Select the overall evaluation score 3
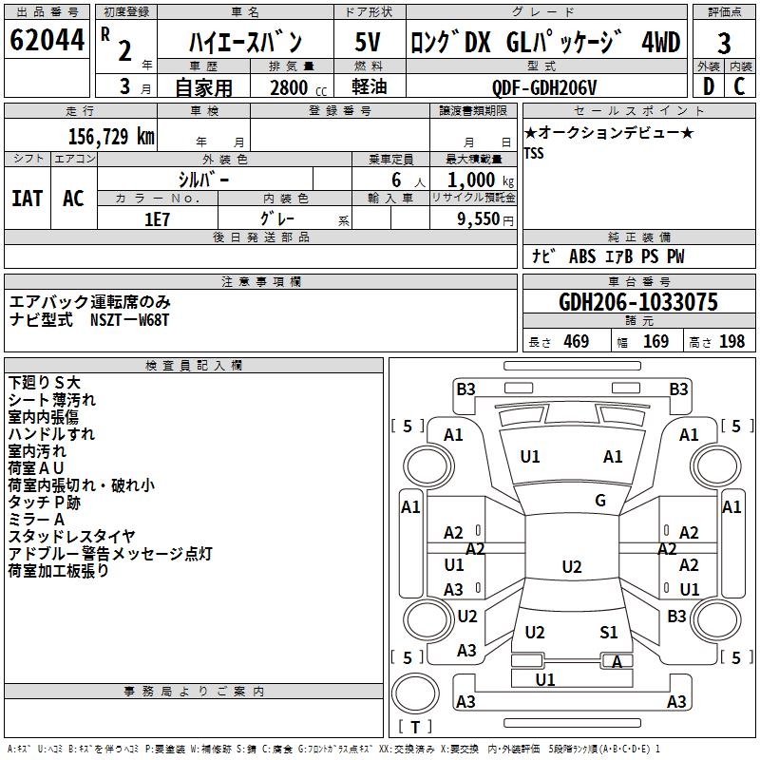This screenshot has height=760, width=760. tap(724, 43)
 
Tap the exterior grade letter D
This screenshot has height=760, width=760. tap(707, 86)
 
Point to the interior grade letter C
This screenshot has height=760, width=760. tap(740, 86)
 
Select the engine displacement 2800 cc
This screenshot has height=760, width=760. tap(294, 87)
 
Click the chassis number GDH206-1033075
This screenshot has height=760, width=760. tap(638, 302)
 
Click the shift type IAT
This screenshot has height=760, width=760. tap(27, 199)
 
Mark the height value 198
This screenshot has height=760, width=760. tap(731, 341)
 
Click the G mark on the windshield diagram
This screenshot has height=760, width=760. tap(600, 501)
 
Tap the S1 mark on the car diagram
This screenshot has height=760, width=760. tap(609, 632)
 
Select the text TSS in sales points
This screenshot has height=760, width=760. tap(534, 154)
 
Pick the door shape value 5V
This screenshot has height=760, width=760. tap(368, 43)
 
